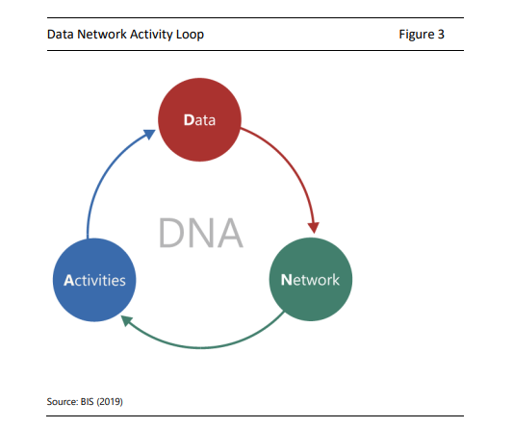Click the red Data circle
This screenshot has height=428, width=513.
[x=199, y=119]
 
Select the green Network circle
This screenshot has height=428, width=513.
[x=311, y=279]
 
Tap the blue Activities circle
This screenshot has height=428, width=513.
[x=94, y=280]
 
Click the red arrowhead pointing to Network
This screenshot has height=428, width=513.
[x=314, y=227]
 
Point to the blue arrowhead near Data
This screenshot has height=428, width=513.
[x=149, y=134]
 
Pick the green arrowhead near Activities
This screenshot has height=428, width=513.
[x=127, y=320]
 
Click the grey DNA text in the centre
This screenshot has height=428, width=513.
[x=201, y=233]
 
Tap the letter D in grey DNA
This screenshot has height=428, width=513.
[x=170, y=233]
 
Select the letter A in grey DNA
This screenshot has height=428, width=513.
[x=230, y=233]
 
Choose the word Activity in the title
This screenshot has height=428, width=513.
[x=151, y=35]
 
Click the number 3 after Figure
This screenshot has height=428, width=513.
[x=441, y=34]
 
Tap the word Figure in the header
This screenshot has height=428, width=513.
[x=417, y=35]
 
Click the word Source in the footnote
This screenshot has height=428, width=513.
[x=62, y=401]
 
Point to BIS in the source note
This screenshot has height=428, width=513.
[x=87, y=401]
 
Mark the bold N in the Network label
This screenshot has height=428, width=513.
[x=286, y=280]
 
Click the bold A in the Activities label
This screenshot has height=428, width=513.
[x=68, y=280]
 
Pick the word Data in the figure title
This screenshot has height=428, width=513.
[x=61, y=34]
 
